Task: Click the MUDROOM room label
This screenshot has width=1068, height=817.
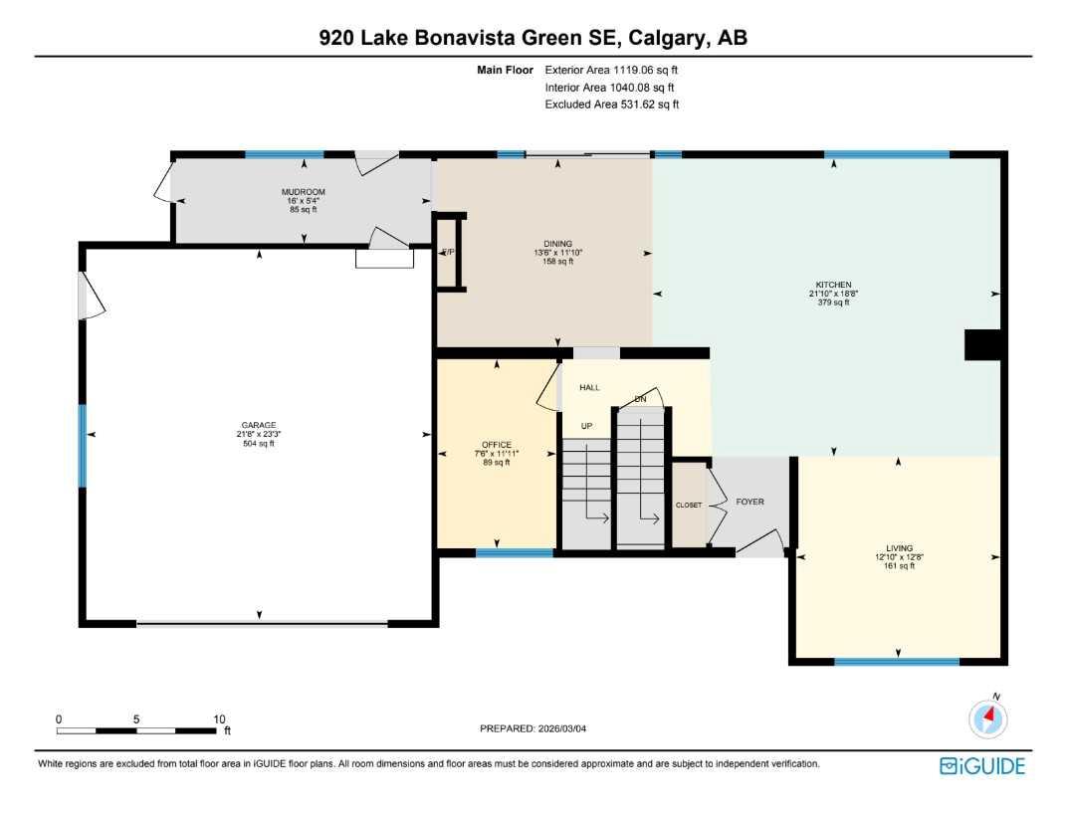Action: click(x=303, y=191)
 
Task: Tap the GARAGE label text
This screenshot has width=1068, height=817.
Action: click(x=258, y=425)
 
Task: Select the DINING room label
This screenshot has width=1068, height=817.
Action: click(x=556, y=243)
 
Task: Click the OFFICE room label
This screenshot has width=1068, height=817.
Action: click(x=496, y=445)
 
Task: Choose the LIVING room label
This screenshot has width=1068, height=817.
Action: click(x=899, y=547)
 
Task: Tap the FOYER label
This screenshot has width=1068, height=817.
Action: click(x=749, y=502)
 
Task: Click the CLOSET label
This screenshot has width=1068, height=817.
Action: click(x=688, y=506)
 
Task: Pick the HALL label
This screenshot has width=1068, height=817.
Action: click(x=589, y=388)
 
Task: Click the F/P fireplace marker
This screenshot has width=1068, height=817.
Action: click(x=448, y=252)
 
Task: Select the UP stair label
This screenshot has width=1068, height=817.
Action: click(x=586, y=426)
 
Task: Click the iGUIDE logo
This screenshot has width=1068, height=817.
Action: click(x=981, y=765)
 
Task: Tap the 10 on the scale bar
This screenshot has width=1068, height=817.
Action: click(x=219, y=718)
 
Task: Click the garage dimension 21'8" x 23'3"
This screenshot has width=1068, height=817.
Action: click(x=258, y=435)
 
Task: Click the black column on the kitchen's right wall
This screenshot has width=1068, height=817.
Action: click(x=982, y=344)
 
